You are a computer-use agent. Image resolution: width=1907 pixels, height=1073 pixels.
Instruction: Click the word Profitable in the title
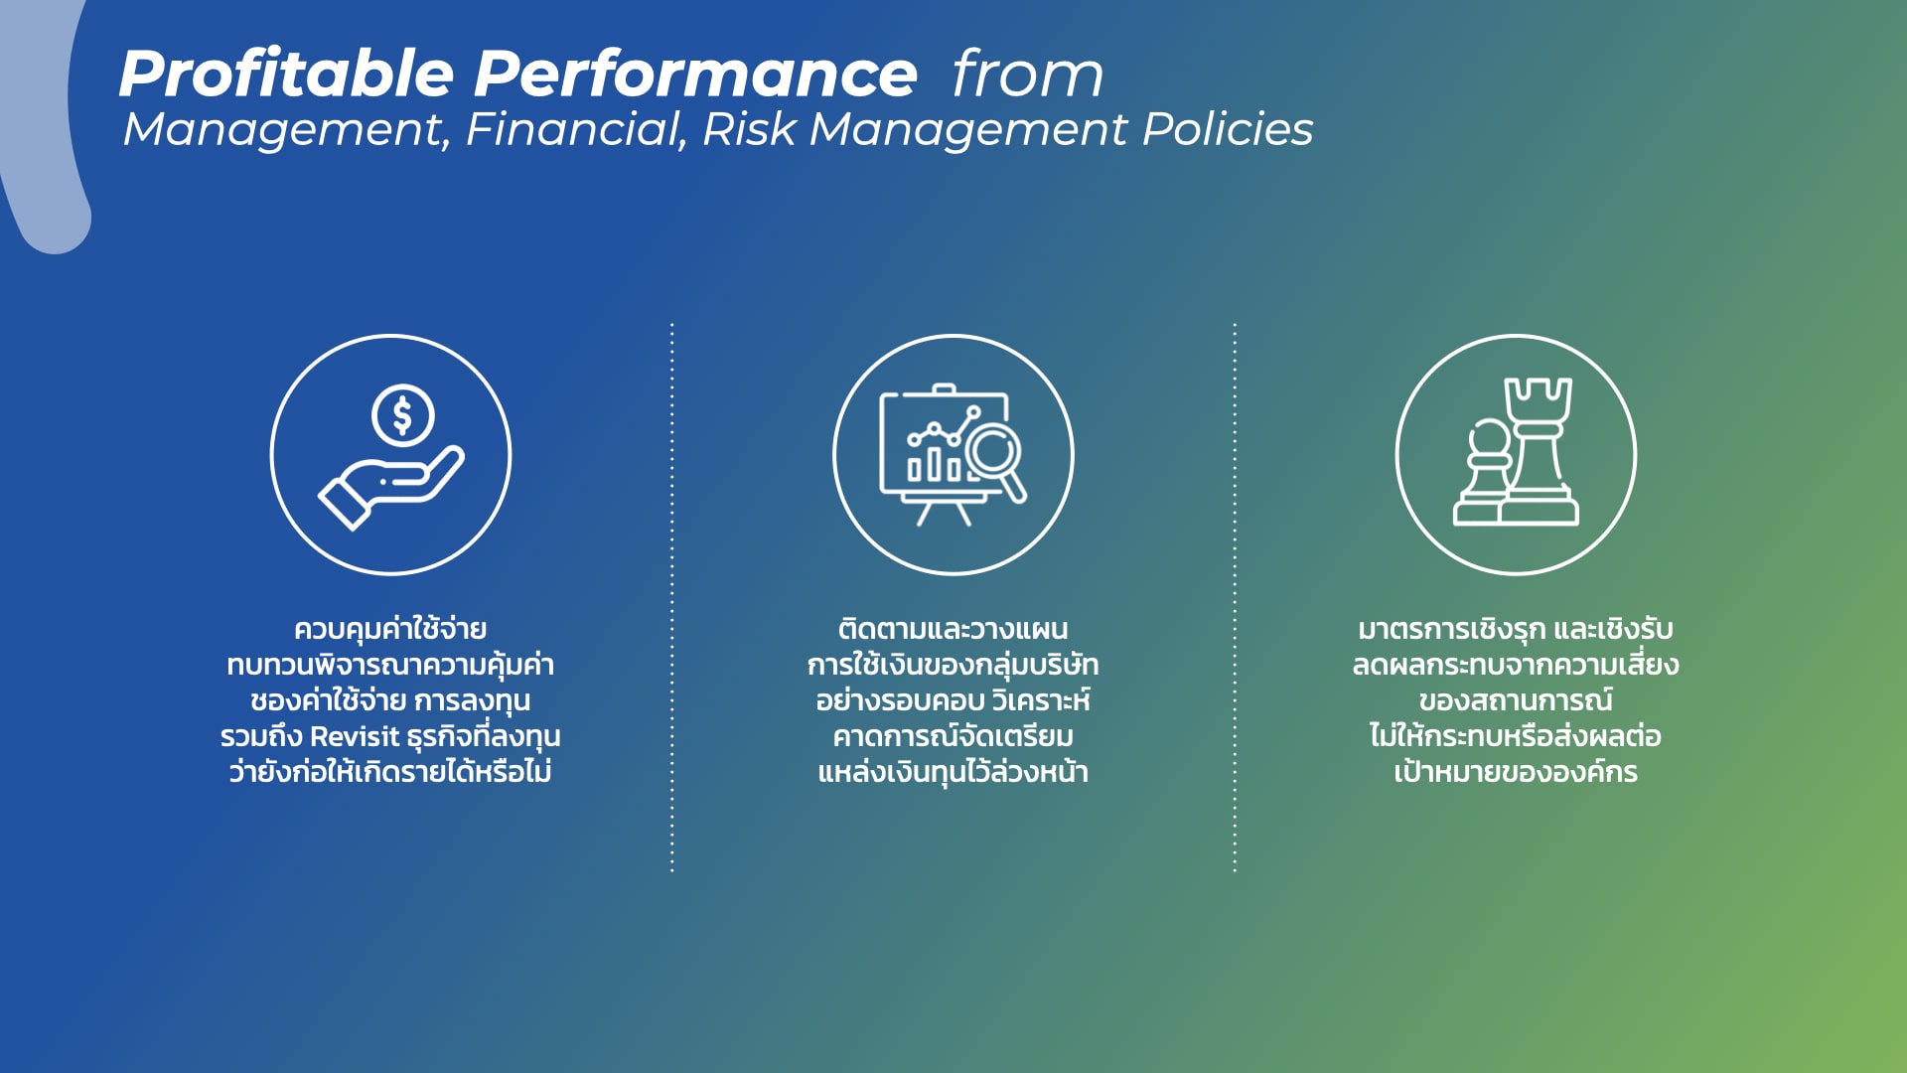point(286,75)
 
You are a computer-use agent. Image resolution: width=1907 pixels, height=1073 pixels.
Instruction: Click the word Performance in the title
point(695,75)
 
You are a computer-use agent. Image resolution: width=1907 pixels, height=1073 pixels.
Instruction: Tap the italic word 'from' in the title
point(1028,75)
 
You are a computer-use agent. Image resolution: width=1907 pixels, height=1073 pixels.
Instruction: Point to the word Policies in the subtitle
point(1228,129)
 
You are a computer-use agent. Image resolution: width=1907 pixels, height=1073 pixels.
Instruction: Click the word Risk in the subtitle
point(749,129)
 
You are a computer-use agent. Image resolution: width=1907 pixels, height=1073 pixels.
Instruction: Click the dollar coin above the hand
point(402,415)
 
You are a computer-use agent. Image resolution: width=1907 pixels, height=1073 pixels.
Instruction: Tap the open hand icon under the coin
point(389,488)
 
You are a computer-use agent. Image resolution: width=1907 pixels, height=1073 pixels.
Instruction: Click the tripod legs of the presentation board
point(944,512)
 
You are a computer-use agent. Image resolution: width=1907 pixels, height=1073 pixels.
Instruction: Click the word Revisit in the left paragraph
point(354,736)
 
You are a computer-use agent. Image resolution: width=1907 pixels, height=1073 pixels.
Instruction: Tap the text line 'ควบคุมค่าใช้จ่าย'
point(390,629)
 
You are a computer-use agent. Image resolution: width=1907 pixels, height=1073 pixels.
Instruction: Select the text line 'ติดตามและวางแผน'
point(953,629)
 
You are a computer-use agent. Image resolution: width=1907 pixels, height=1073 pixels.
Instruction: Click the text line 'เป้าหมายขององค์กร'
point(1516,771)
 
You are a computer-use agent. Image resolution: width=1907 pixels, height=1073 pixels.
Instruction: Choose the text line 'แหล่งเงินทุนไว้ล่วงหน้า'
point(953,771)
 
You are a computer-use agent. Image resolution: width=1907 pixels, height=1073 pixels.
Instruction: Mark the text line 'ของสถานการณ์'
point(1516,699)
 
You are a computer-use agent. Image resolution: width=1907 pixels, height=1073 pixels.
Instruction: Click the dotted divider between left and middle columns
point(672,597)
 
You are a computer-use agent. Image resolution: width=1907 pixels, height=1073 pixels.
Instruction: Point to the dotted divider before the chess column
point(1235,597)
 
